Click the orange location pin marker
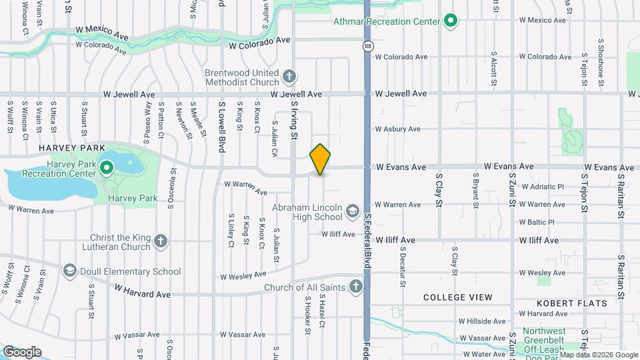(321, 159)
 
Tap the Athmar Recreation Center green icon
(451, 21)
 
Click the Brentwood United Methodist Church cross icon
(289, 77)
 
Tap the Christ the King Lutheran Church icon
(160, 241)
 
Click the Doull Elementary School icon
(69, 271)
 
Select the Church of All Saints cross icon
(355, 287)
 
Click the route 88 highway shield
(368, 46)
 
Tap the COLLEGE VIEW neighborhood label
(458, 297)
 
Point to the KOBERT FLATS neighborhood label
(572, 303)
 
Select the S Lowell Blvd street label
(221, 127)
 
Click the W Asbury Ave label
(397, 129)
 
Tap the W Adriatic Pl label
(541, 187)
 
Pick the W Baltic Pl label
(541, 222)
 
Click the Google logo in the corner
(21, 351)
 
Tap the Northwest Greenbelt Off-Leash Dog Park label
(544, 340)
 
